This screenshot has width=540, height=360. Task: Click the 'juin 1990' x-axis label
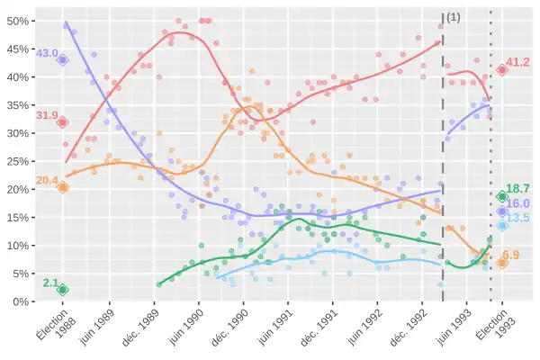click(183, 327)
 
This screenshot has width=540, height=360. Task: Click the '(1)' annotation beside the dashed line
click(454, 17)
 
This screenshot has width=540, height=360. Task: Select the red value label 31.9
click(46, 115)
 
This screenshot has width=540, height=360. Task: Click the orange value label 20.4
click(46, 181)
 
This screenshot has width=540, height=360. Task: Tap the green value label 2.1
click(49, 283)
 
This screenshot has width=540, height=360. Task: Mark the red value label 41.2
click(517, 62)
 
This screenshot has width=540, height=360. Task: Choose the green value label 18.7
click(517, 188)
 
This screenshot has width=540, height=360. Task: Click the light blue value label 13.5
click(517, 218)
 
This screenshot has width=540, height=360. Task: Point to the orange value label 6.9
click(511, 255)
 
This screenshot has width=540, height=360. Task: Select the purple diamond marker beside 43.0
click(63, 59)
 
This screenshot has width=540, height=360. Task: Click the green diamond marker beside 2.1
click(63, 290)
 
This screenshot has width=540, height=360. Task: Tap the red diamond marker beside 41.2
click(502, 69)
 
